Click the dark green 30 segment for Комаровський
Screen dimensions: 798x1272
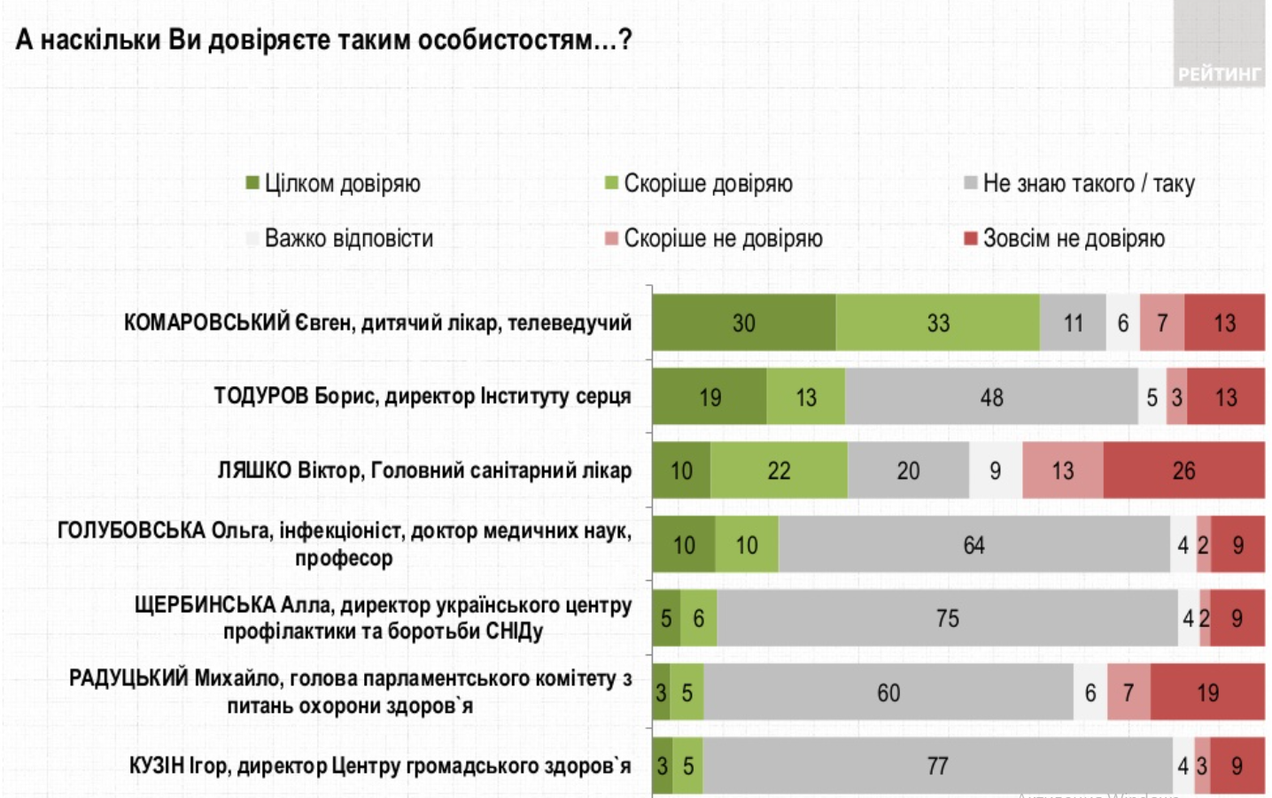[x=743, y=323]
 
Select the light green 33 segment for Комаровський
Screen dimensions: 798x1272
[x=937, y=323]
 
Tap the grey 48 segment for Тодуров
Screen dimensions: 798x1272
[x=991, y=398]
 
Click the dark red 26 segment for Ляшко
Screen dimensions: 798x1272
[x=1183, y=470]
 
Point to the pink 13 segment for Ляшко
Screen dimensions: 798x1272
[x=1062, y=470]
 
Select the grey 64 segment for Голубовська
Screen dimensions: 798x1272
[x=973, y=545]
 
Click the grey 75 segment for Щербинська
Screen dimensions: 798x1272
[x=947, y=618]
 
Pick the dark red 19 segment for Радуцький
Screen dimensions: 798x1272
[x=1207, y=692]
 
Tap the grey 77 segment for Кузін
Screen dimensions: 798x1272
[x=937, y=765]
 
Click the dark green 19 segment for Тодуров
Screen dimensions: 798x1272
[x=710, y=398]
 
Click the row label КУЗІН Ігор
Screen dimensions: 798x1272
[x=380, y=765]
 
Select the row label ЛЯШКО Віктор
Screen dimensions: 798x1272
[x=424, y=470]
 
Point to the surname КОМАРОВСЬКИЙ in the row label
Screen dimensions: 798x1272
[x=206, y=322]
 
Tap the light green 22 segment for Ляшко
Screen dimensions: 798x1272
[x=779, y=470]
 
